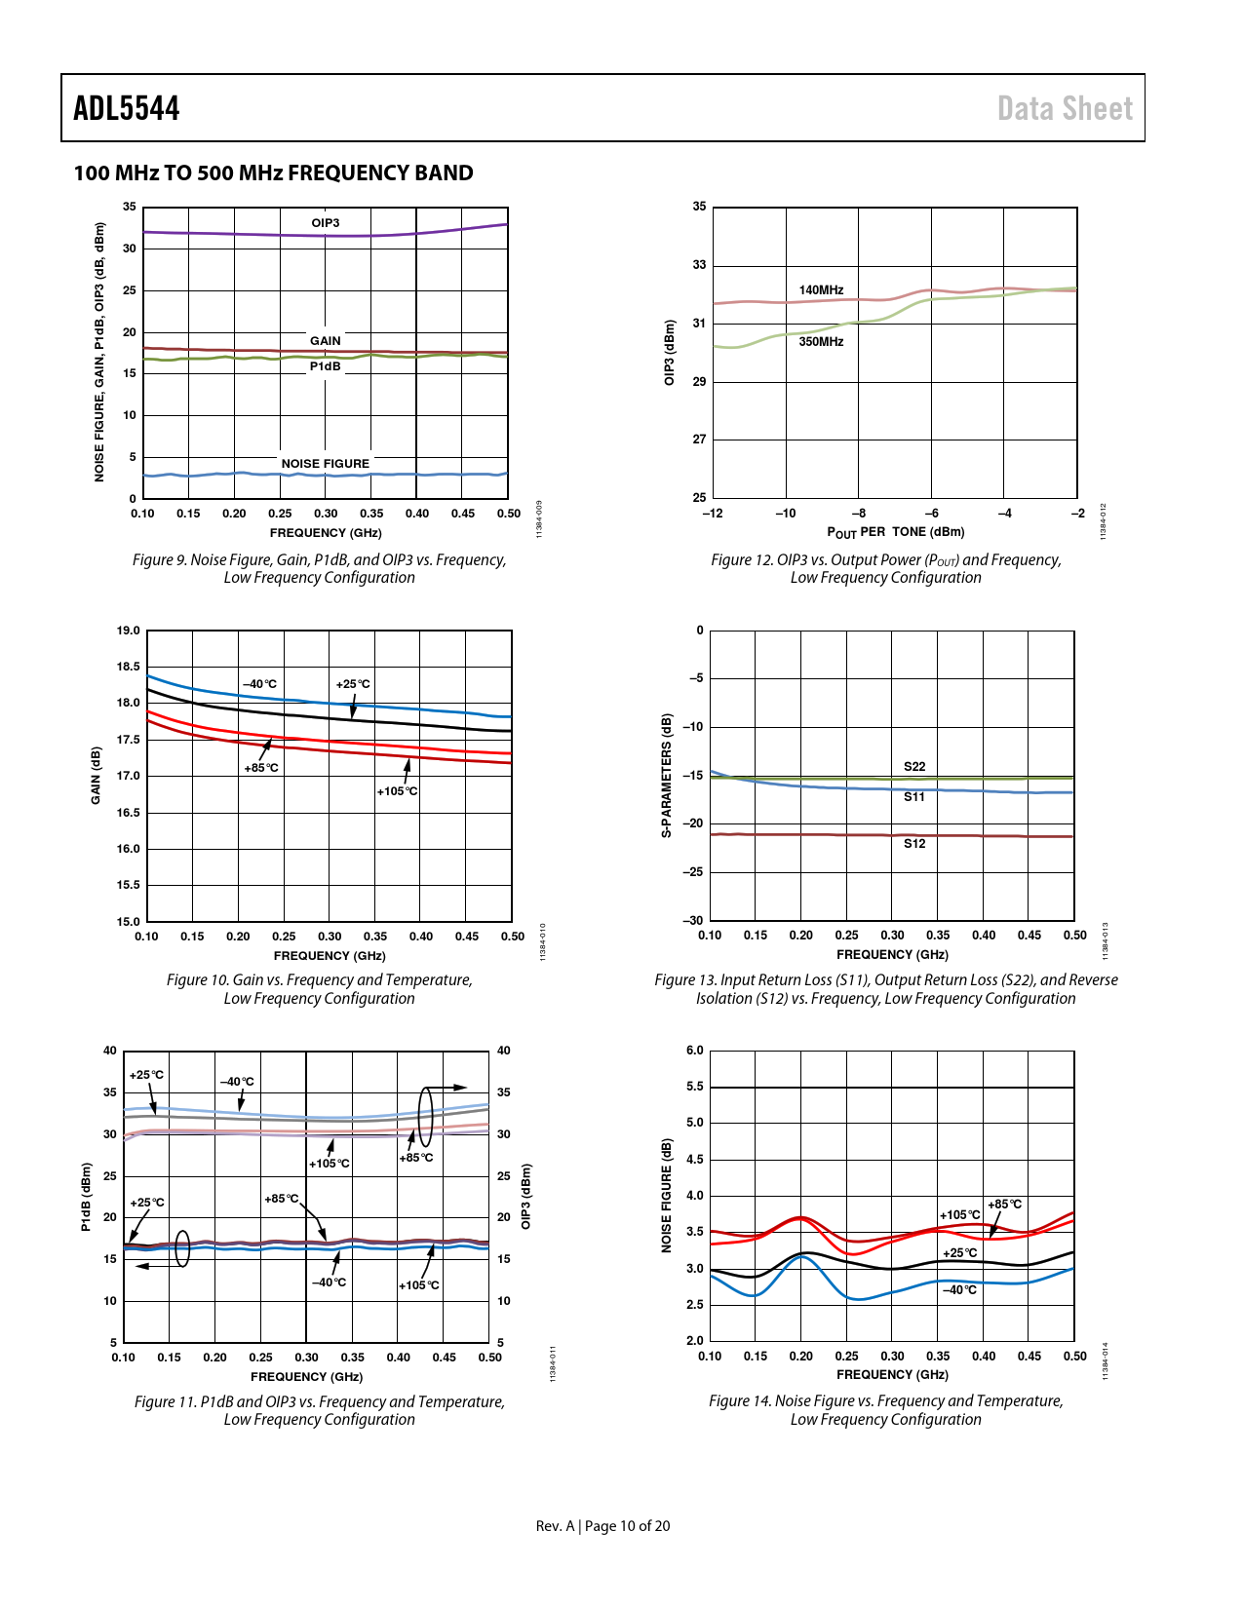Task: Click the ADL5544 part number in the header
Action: click(127, 108)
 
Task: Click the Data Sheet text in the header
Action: click(1065, 108)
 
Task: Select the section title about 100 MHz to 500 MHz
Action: click(273, 173)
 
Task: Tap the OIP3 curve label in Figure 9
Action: click(326, 223)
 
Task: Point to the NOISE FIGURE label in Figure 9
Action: click(326, 464)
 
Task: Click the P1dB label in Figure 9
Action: click(326, 366)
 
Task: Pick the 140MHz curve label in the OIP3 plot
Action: click(821, 290)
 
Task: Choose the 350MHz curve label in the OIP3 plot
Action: click(821, 342)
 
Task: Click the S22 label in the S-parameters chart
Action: click(914, 767)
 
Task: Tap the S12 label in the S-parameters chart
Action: click(914, 844)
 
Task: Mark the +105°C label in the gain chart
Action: click(397, 791)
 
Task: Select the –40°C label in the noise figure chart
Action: click(959, 1290)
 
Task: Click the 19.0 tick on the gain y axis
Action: click(129, 631)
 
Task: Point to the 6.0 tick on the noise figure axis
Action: click(694, 1051)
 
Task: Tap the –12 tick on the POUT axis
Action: click(713, 514)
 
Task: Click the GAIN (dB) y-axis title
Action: click(96, 776)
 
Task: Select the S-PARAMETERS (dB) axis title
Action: click(667, 776)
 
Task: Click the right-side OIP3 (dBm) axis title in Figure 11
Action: click(526, 1196)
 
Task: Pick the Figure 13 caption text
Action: click(885, 989)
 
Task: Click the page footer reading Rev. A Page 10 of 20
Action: click(602, 1526)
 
